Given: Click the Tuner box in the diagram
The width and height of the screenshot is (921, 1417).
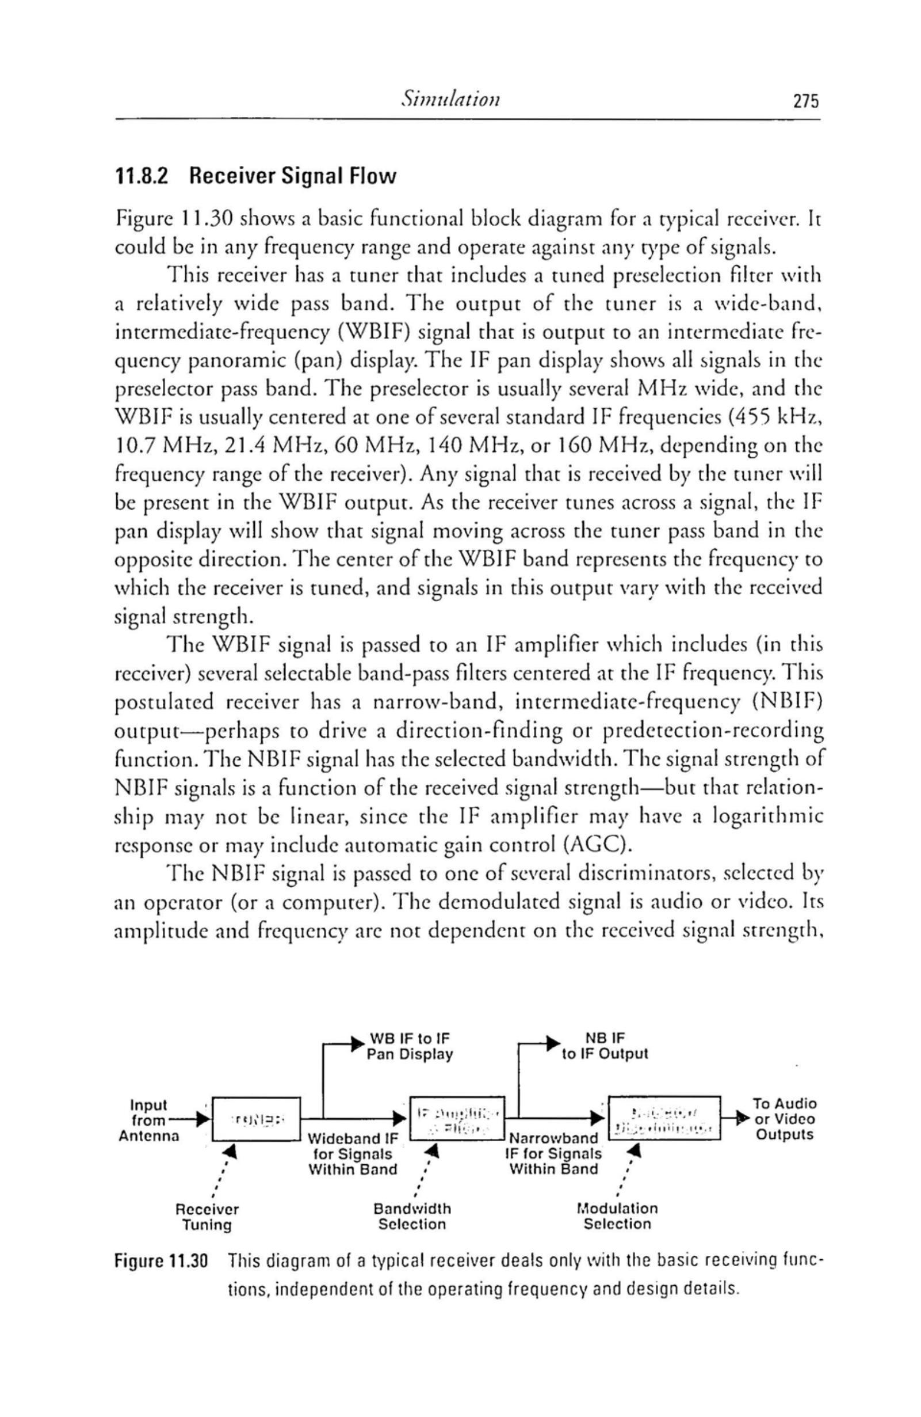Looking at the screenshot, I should [257, 1119].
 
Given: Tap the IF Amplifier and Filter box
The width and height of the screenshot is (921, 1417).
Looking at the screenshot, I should [455, 1118].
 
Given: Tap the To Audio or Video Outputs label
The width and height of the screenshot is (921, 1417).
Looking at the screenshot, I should [784, 1119].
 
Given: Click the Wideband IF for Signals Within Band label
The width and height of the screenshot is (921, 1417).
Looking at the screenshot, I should [351, 1154].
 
